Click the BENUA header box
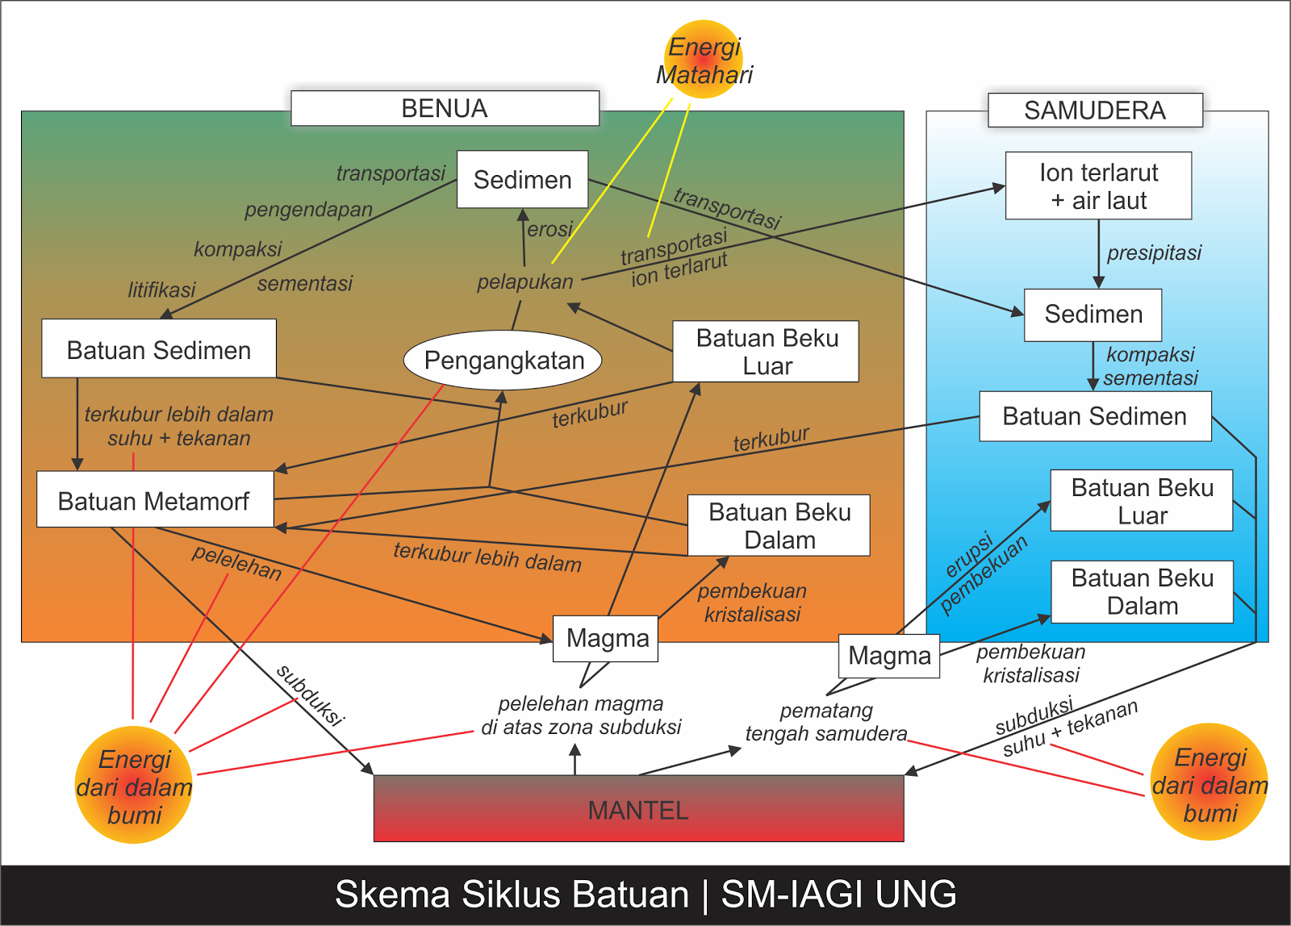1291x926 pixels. [445, 108]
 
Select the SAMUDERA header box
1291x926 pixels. [1095, 110]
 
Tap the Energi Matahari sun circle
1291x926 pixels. [704, 60]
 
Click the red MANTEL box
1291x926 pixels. [638, 808]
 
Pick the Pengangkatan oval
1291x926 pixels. [503, 360]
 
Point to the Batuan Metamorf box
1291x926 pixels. [155, 499]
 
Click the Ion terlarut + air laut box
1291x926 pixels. [1098, 186]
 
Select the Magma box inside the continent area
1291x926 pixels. [605, 639]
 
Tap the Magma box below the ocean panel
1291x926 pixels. [889, 656]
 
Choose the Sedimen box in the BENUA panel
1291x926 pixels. [522, 179]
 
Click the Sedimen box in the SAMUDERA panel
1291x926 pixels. [1093, 315]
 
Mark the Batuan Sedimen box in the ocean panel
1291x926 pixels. [1095, 416]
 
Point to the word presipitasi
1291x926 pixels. [1155, 252]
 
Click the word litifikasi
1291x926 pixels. [161, 290]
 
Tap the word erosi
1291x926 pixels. [549, 229]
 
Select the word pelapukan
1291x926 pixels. [525, 282]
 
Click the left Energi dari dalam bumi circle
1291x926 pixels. [134, 785]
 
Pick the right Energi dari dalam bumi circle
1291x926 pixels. [1210, 782]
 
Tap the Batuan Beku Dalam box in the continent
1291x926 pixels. [779, 526]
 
